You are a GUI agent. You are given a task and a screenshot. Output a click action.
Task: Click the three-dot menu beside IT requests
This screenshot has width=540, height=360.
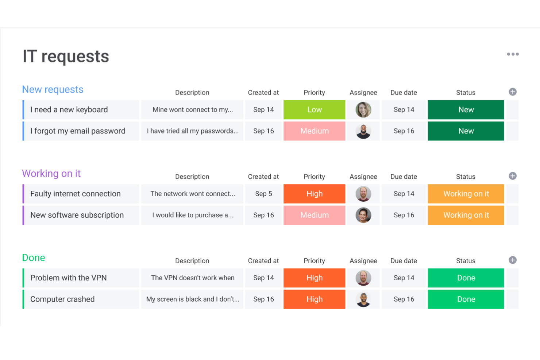tap(513, 54)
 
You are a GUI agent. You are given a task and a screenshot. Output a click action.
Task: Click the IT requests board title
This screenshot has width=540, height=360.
tap(66, 57)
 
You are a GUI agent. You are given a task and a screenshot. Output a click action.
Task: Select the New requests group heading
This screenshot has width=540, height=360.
tap(53, 90)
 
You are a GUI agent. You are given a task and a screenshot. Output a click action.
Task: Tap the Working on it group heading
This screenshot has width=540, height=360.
tap(51, 174)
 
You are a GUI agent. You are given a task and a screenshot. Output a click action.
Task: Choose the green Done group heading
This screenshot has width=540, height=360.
tap(34, 258)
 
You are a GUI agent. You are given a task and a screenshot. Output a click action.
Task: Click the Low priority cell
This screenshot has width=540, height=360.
tap(314, 110)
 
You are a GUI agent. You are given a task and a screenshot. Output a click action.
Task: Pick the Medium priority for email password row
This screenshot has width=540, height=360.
tap(314, 131)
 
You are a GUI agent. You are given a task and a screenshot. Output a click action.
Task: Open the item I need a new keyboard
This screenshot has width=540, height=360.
tap(69, 110)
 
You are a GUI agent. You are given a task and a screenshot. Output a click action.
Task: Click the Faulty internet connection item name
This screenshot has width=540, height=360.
tap(75, 194)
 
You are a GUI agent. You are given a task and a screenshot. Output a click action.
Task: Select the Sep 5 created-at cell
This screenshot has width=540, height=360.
tap(263, 194)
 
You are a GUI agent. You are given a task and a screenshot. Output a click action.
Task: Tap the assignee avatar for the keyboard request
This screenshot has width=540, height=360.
tap(363, 110)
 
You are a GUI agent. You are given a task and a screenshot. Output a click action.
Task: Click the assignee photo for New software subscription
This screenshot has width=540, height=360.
tap(363, 215)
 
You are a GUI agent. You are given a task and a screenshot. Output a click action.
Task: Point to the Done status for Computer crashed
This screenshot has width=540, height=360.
tap(466, 299)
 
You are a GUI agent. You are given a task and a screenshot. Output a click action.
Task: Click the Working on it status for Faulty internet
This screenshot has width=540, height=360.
tap(466, 194)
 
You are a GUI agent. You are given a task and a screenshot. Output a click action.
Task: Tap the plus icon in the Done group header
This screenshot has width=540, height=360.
tap(513, 260)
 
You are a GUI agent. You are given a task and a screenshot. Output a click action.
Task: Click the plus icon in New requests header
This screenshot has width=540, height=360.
tap(513, 92)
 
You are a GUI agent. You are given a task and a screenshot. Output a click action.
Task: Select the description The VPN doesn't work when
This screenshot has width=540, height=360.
tap(193, 278)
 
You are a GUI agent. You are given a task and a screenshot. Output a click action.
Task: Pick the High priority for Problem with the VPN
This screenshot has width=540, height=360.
tap(314, 278)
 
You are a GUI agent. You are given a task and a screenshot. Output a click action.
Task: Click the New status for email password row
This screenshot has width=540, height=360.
tap(466, 131)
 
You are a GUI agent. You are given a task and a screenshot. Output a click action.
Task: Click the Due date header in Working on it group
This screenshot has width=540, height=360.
tap(404, 177)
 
